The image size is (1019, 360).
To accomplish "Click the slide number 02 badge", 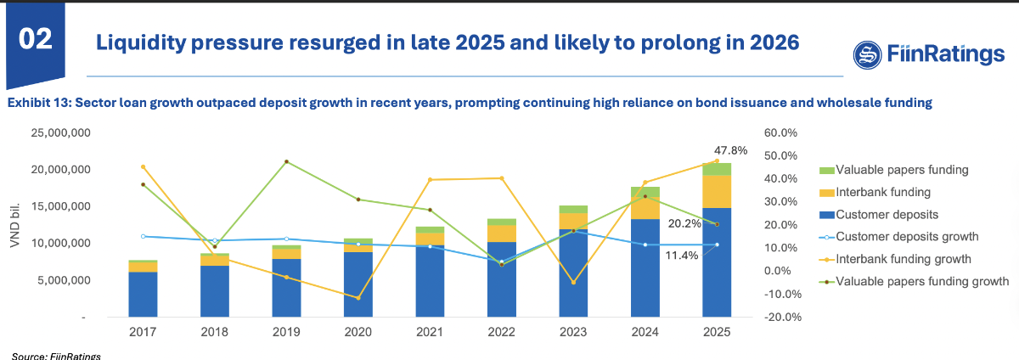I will pos(33,38).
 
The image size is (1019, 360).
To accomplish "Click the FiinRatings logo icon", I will pos(869,55).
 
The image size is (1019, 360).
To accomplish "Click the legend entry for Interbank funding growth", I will pos(904,259).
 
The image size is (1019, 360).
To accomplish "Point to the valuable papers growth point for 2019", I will pos(286,161).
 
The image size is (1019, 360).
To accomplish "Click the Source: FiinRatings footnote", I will pos(56,355).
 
